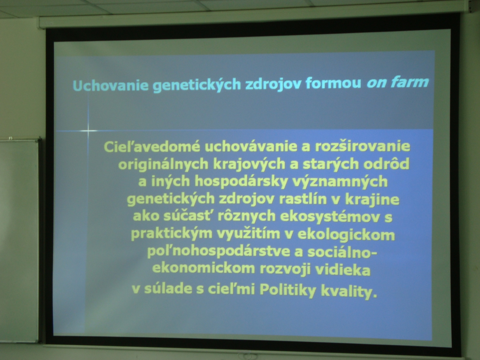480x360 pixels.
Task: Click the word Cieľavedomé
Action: coord(152,147)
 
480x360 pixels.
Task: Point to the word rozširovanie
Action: coord(362,146)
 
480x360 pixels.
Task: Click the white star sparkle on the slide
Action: coord(88,131)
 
